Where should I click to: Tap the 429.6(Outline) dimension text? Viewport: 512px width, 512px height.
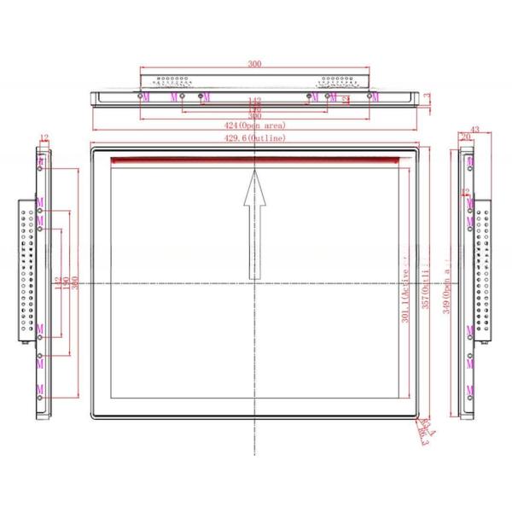point(254,137)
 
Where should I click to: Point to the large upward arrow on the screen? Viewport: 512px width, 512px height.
point(254,224)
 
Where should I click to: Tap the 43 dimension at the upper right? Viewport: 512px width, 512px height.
point(474,129)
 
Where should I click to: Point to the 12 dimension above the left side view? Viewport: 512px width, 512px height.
point(44,137)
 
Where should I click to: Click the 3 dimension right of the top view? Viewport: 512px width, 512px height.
point(427,96)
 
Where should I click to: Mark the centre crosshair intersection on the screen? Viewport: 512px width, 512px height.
point(254,282)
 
